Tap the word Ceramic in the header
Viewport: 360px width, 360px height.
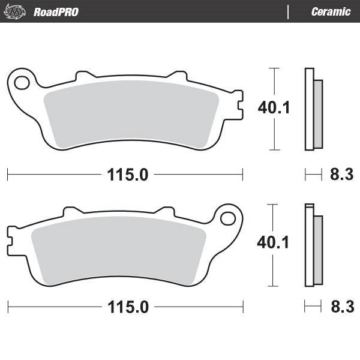[331, 12]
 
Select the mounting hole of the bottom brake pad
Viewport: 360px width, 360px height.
[229, 217]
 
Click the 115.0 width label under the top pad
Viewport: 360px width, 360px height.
[127, 175]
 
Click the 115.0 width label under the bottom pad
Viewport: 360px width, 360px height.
[127, 308]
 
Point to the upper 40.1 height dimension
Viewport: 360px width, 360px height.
[274, 108]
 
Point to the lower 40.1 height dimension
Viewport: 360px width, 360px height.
[274, 242]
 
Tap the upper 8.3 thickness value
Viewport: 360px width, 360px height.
[341, 175]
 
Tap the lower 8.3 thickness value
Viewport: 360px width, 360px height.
[341, 308]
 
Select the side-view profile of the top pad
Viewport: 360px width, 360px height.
[313, 109]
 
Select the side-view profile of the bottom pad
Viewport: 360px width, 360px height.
[313, 245]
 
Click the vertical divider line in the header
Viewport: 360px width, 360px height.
[289, 12]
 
